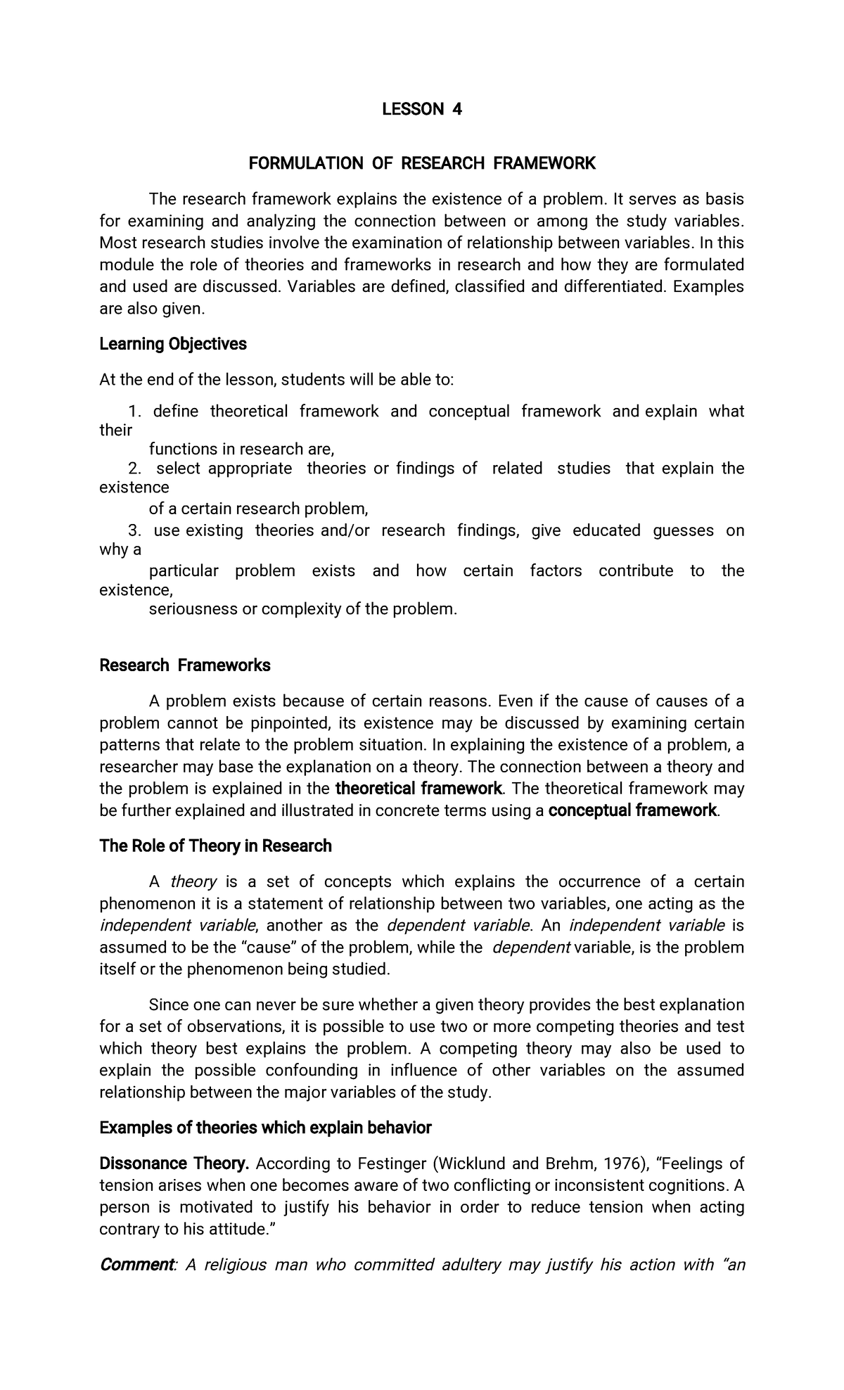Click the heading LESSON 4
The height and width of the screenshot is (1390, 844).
(x=421, y=109)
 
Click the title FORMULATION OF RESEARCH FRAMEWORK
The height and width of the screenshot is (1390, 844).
(x=421, y=164)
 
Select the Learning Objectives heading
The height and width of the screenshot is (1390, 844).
(x=173, y=344)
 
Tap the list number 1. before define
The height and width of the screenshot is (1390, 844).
(x=136, y=412)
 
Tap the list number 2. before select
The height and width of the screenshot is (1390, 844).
(x=135, y=468)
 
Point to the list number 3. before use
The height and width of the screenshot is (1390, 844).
(x=135, y=530)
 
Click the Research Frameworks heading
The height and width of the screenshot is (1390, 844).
(x=185, y=665)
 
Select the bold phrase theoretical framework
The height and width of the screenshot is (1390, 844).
(x=419, y=789)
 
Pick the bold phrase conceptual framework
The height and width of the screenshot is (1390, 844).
(x=632, y=810)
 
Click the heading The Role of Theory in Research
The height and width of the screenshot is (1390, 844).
(x=215, y=846)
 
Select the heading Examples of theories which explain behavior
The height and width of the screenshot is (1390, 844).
(x=265, y=1128)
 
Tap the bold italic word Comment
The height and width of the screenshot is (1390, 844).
(x=136, y=1265)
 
